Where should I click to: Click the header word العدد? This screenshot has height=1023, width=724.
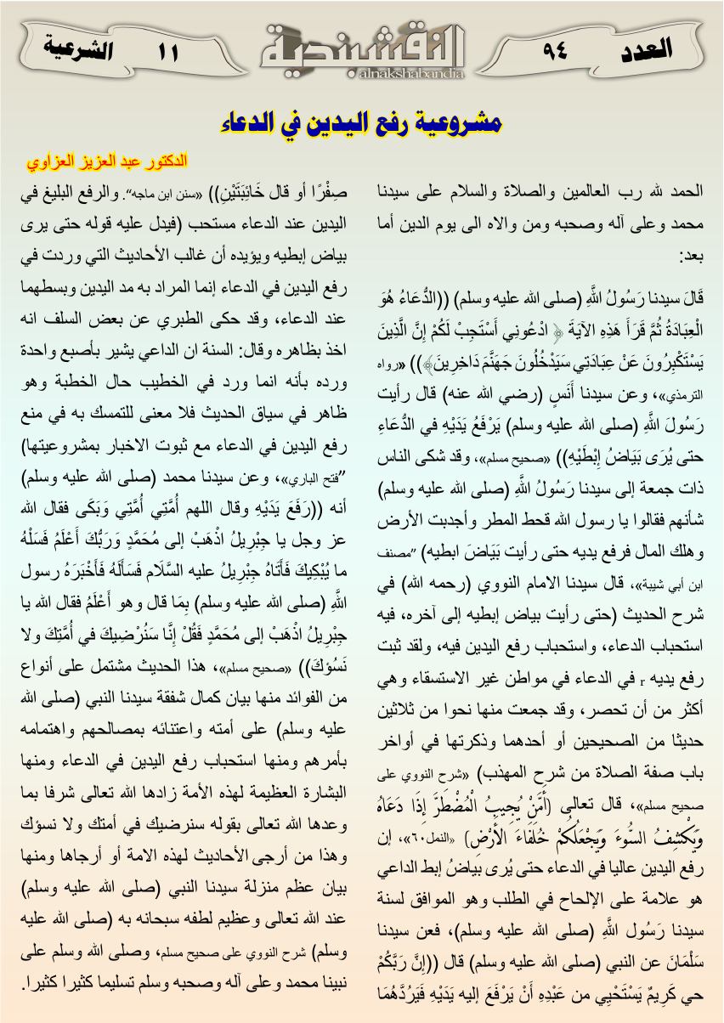[x=642, y=48]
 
